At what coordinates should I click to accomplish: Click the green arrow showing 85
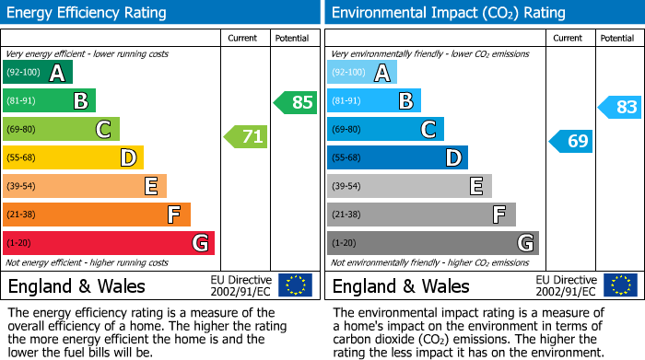point(296,102)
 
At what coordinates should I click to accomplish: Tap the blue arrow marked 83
point(620,108)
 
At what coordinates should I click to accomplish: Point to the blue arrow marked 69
point(571,141)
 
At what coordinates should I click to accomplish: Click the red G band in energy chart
point(109,243)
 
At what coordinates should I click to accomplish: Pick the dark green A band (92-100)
point(38,73)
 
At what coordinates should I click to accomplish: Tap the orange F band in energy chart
point(97,215)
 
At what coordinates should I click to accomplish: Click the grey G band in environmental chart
point(432,243)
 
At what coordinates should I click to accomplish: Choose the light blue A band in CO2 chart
point(362,73)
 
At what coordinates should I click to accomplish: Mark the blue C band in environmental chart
point(385,130)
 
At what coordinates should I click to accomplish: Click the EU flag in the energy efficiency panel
point(295,285)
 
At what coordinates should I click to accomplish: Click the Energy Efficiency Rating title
point(88,13)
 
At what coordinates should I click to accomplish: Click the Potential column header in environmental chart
point(616,38)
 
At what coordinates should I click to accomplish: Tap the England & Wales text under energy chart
point(76,286)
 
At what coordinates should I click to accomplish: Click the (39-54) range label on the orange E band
point(22,187)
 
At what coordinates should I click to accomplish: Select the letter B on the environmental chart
point(405,101)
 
